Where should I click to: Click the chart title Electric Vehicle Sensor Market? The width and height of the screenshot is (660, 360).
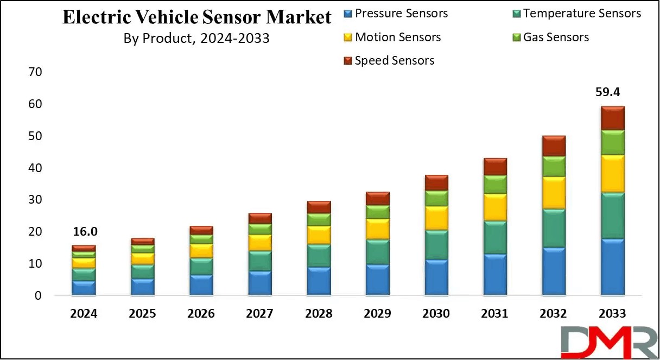tap(196, 17)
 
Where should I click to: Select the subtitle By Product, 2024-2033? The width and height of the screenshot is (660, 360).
tap(196, 39)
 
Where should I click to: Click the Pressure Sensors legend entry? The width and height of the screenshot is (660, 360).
tap(401, 14)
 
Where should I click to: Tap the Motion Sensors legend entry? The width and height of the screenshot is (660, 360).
tap(397, 37)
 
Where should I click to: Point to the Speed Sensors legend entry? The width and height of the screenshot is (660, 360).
tap(394, 61)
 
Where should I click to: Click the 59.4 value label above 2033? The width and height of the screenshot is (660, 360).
tap(612, 92)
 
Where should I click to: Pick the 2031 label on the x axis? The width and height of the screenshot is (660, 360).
tap(494, 314)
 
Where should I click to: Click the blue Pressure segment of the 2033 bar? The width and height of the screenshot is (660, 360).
tap(612, 267)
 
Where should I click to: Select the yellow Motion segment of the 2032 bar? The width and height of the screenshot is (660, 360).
tap(554, 193)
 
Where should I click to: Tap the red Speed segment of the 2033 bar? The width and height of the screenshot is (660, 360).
tap(612, 118)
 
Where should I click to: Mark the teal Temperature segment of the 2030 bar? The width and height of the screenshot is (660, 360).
tap(436, 245)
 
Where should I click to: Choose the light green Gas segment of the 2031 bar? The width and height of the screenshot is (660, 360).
tap(495, 185)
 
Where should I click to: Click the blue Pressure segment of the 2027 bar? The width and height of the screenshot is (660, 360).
tap(259, 283)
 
